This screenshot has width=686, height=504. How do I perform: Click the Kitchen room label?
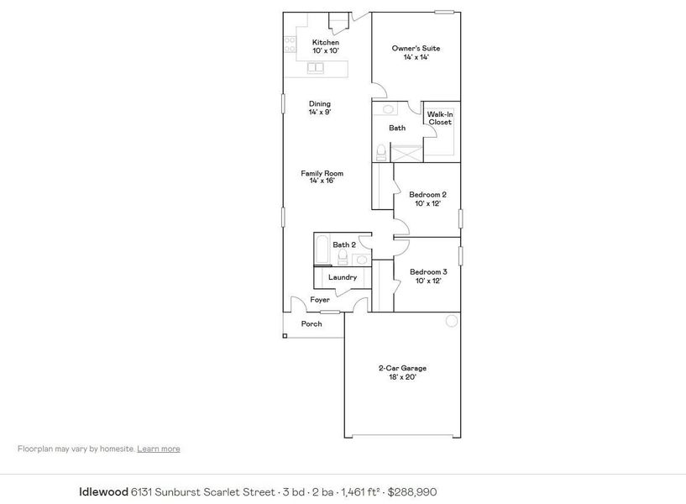(x=326, y=46)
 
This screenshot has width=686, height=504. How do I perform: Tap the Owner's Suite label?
(x=416, y=52)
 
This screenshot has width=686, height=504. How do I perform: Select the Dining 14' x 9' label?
(x=319, y=108)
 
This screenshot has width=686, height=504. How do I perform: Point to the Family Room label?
(x=322, y=176)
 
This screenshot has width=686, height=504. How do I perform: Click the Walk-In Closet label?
(x=440, y=118)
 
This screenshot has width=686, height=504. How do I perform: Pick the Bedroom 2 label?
(x=427, y=198)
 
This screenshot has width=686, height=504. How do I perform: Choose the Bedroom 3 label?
(x=427, y=276)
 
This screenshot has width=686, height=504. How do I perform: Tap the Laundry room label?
(x=342, y=277)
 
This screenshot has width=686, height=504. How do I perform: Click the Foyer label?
(x=320, y=300)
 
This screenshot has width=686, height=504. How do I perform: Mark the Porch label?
(x=312, y=323)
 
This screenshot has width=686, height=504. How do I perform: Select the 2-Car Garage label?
(x=402, y=372)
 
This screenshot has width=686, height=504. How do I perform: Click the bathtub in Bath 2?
(x=322, y=249)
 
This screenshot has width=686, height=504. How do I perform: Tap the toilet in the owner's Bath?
(x=381, y=152)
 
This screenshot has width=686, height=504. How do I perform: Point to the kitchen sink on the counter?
(x=317, y=67)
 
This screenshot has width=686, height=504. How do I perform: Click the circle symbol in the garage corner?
(x=451, y=321)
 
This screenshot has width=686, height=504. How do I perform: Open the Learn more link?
(x=159, y=449)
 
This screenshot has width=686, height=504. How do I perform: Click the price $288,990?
(x=412, y=491)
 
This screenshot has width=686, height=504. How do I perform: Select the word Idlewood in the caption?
(x=102, y=491)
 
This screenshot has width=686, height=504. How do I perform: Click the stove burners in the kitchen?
(x=290, y=45)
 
